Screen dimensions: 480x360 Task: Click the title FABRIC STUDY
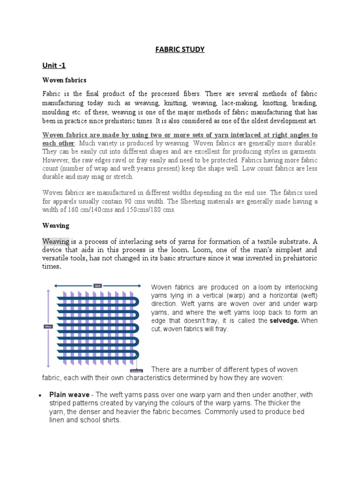pyautogui.click(x=180, y=49)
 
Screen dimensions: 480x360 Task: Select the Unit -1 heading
pyautogui.click(x=55, y=65)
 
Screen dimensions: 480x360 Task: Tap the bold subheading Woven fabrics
pyautogui.click(x=62, y=81)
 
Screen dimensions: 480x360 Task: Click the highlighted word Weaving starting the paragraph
pyautogui.click(x=56, y=241)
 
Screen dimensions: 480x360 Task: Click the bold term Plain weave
pyautogui.click(x=69, y=395)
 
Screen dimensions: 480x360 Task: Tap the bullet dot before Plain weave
pyautogui.click(x=40, y=395)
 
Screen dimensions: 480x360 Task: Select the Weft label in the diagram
pyautogui.click(x=98, y=285)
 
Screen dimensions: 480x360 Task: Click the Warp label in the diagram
pyautogui.click(x=48, y=326)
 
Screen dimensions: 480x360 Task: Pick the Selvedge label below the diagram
pyautogui.click(x=137, y=370)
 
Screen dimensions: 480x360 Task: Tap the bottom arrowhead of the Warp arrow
pyautogui.click(x=48, y=366)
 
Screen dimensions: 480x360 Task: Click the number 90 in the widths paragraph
pyautogui.click(x=142, y=201)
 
